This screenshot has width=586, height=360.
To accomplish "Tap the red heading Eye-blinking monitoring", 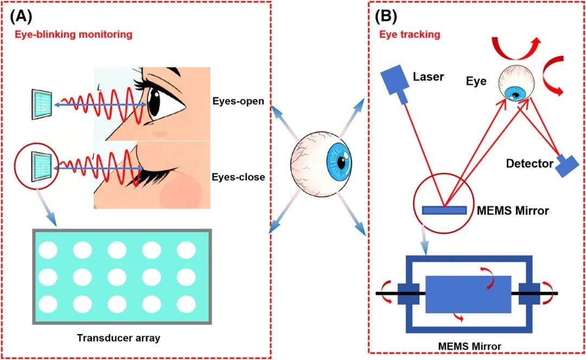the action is [73, 35].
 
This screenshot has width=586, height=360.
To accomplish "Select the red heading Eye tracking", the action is [410, 35].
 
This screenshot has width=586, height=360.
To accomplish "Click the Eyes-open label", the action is [238, 102].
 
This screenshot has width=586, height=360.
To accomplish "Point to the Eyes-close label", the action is [238, 176].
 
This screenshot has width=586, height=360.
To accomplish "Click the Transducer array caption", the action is [118, 338].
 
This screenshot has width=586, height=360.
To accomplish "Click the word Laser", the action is [428, 77].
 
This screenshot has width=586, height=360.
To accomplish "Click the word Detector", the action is [530, 163].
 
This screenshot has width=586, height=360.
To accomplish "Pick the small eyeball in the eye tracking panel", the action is [516, 84].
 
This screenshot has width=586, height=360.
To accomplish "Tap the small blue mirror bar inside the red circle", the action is [444, 211].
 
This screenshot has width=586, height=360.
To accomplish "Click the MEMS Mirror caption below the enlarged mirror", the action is [469, 346].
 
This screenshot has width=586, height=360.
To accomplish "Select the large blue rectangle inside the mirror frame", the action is [468, 294].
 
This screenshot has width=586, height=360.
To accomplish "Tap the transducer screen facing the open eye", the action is [41, 104].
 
